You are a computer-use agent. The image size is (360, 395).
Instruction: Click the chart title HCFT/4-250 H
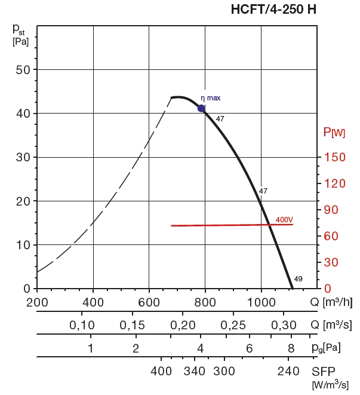tap(274, 10)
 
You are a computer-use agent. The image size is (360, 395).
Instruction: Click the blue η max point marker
tap(202, 108)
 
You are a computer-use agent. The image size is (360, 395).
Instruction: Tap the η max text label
tap(211, 98)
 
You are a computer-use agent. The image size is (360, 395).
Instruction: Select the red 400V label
tap(284, 220)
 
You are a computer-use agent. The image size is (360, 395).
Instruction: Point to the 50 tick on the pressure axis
tap(23, 69)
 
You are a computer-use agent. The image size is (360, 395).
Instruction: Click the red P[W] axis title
tap(334, 132)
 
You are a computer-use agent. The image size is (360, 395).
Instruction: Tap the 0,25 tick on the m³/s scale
tap(234, 325)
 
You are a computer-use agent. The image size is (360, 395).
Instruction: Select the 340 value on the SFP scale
tap(194, 370)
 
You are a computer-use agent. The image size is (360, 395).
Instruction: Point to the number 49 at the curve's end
tap(299, 279)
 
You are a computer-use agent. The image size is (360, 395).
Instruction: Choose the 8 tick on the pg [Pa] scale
tap(291, 348)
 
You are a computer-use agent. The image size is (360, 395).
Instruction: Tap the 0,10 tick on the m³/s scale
tap(82, 325)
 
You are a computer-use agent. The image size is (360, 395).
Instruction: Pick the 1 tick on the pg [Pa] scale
tap(90, 348)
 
